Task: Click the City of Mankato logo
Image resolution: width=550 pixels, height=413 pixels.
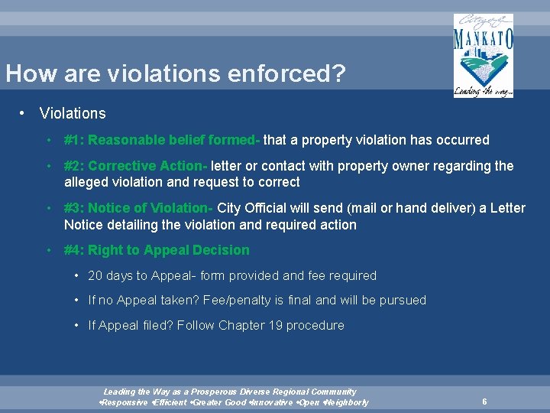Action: (x=483, y=55)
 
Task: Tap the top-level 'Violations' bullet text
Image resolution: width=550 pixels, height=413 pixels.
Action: (x=73, y=113)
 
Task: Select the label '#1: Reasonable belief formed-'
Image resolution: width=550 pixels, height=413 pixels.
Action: (x=162, y=140)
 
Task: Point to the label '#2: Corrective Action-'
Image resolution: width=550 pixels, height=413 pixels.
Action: (x=136, y=166)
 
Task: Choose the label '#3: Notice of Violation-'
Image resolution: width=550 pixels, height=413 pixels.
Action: (x=139, y=208)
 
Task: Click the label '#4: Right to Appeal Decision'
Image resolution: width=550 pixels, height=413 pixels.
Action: (x=157, y=250)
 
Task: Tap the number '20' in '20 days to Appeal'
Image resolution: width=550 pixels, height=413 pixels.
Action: (x=95, y=275)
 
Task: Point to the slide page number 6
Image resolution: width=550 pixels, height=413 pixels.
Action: (x=484, y=402)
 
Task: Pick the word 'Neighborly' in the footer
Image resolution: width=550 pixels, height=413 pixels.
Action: (x=347, y=402)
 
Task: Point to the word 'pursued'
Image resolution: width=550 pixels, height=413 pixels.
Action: (x=403, y=300)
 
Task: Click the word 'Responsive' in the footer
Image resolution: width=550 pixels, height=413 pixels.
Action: (x=126, y=402)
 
